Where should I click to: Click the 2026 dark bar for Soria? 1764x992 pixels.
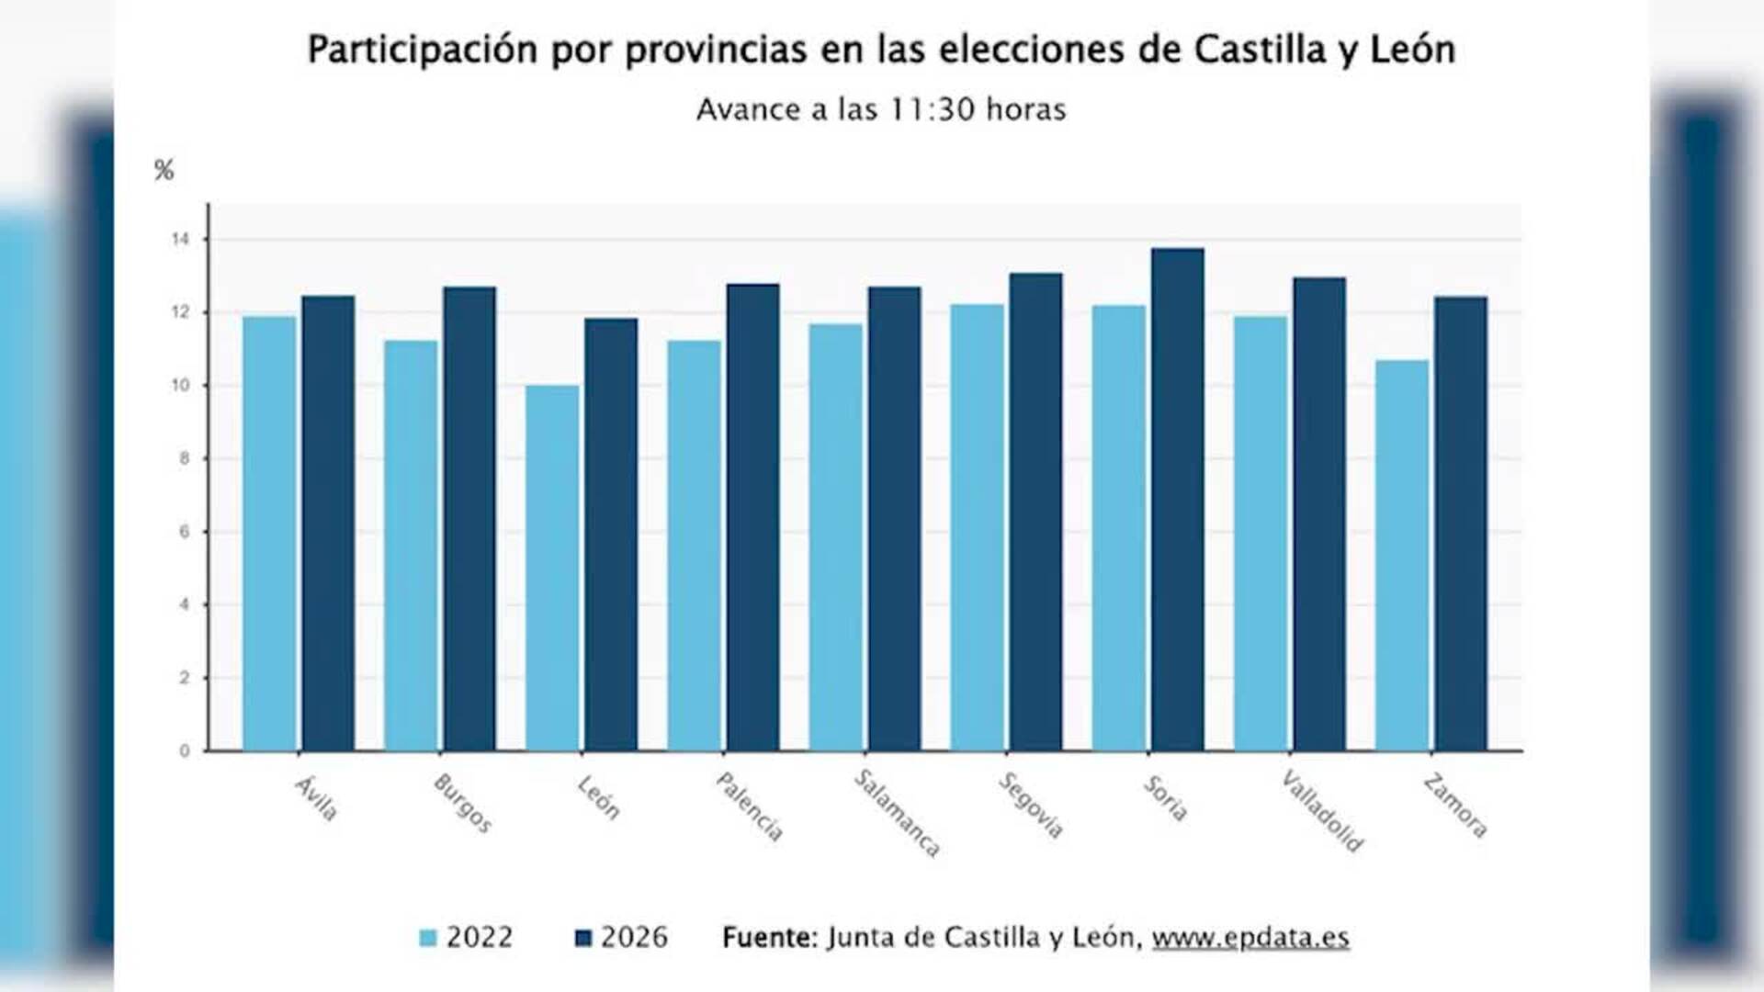pyautogui.click(x=1177, y=501)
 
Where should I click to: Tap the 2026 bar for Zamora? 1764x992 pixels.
pyautogui.click(x=1460, y=524)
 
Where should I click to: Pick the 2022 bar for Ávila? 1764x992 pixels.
pyautogui.click(x=269, y=533)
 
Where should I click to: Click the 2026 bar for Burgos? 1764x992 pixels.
pyautogui.click(x=469, y=519)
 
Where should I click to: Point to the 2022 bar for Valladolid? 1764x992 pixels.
pyautogui.click(x=1261, y=533)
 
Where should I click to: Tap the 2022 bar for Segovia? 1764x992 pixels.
pyautogui.click(x=977, y=527)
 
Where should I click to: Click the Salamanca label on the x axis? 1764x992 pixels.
pyautogui.click(x=897, y=813)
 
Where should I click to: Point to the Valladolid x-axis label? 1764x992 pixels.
pyautogui.click(x=1322, y=811)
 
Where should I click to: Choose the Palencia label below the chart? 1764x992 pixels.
pyautogui.click(x=750, y=806)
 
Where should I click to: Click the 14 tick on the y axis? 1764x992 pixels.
pyautogui.click(x=180, y=240)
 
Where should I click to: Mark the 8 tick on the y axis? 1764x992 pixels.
pyautogui.click(x=184, y=458)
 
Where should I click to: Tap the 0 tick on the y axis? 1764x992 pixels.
pyautogui.click(x=184, y=751)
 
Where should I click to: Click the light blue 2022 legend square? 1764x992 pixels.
pyautogui.click(x=428, y=938)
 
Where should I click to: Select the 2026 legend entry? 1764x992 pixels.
pyautogui.click(x=621, y=938)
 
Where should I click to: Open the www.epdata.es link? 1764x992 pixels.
pyautogui.click(x=1250, y=938)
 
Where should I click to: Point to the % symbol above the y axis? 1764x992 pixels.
pyautogui.click(x=164, y=170)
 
